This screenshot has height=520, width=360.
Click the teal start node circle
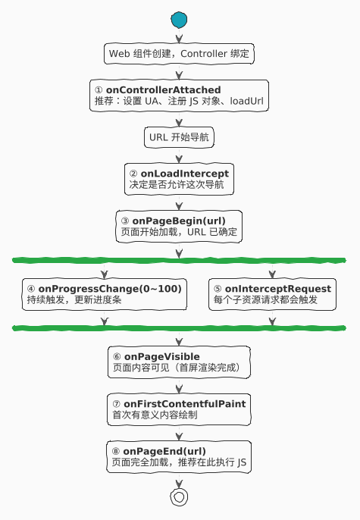click(179, 20)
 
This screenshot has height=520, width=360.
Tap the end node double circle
click(179, 497)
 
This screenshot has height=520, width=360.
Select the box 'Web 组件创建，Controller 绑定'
click(179, 54)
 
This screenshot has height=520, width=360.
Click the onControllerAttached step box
click(179, 96)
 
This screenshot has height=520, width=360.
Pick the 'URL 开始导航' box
click(179, 137)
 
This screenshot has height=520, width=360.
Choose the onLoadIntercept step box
click(179, 179)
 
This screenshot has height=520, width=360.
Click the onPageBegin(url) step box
click(179, 227)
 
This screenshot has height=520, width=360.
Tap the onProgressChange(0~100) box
click(105, 294)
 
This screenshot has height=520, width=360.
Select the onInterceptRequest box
click(272, 294)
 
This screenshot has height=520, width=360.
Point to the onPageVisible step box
click(179, 362)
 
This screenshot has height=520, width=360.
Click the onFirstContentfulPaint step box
click(179, 409)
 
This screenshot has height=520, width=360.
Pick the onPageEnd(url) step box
click(179, 456)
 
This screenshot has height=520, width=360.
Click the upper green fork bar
click(179, 260)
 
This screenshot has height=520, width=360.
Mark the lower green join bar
click(179, 328)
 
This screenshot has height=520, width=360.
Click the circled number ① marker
click(99, 90)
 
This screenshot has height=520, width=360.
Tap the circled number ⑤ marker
click(218, 290)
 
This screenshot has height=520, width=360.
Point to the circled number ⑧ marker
click(116, 451)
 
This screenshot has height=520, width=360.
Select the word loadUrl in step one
click(246, 101)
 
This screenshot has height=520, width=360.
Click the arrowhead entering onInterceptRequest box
click(272, 274)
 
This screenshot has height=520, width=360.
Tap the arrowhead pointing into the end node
click(179, 484)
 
